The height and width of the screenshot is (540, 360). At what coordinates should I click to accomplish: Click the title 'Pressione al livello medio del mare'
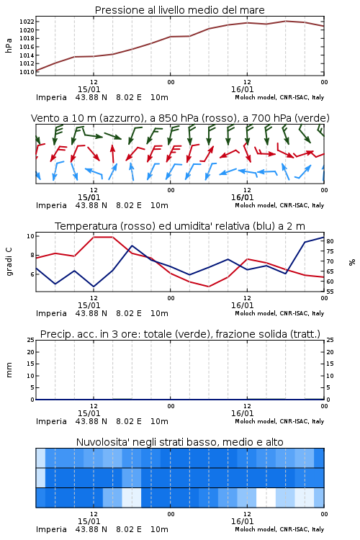point(179,10)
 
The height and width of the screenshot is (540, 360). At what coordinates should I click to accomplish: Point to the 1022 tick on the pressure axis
point(27,22)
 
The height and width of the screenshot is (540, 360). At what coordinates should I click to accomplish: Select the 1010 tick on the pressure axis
point(27,72)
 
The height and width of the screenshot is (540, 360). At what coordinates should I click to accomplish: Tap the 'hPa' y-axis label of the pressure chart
point(9,45)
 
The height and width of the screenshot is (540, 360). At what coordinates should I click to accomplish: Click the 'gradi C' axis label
point(9,261)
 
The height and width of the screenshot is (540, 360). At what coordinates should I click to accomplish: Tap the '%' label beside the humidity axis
point(352,262)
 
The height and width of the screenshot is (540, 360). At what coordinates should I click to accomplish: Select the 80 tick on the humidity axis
point(330,241)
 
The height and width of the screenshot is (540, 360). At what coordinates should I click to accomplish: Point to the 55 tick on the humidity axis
point(330,292)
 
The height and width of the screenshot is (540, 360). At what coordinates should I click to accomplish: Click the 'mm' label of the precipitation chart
point(9,370)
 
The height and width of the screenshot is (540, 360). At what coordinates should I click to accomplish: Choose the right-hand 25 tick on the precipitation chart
point(330,340)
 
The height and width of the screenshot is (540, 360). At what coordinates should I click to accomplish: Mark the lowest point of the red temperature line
point(208,287)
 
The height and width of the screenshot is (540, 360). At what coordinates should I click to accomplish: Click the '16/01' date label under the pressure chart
point(242,89)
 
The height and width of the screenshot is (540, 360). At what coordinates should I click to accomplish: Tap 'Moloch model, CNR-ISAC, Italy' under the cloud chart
point(279,529)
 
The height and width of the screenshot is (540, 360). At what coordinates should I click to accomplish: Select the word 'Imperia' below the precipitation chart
point(51,421)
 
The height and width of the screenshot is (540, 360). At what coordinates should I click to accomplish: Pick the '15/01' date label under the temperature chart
point(89,305)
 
